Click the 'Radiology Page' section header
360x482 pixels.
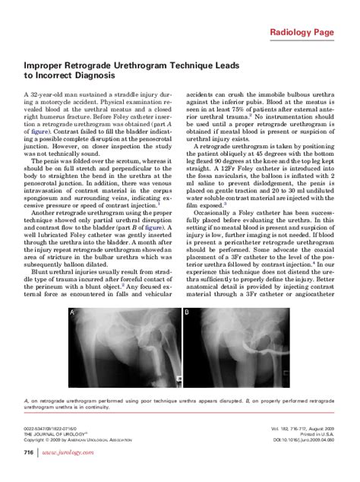[311, 32]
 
